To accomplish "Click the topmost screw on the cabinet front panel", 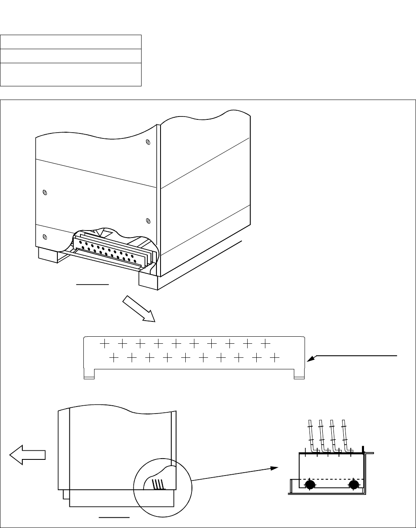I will coord(148,143).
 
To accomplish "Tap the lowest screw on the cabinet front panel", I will coord(45,237).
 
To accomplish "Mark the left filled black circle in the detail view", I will coord(310,484).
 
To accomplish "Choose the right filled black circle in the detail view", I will coord(353,484).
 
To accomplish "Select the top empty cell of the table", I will coord(71,42).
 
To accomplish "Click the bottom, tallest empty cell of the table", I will coord(71,74).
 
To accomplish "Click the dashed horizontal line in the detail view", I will coord(330,479).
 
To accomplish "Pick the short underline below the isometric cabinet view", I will coord(92,285).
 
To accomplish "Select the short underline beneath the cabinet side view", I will coord(114,516).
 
